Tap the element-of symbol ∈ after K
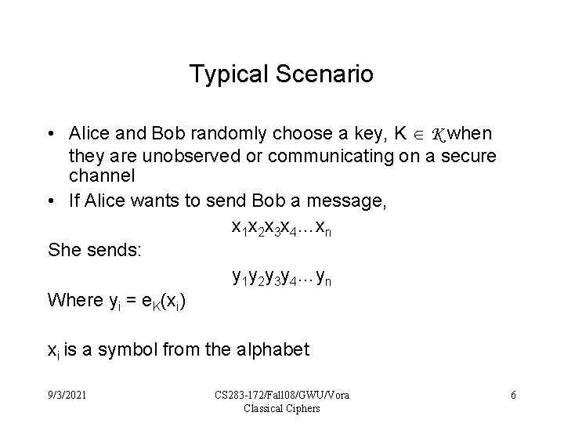click(421, 135)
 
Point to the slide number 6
click(513, 395)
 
